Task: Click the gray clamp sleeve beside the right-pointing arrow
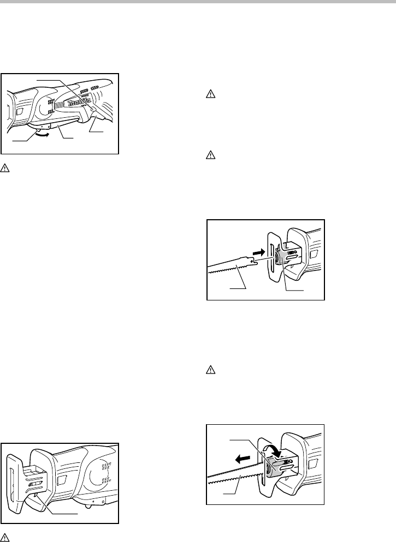(x=282, y=258)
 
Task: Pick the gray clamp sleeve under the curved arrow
(x=275, y=466)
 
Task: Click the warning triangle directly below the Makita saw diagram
(x=4, y=168)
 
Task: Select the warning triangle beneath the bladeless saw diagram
(x=5, y=538)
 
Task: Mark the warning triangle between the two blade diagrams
(x=210, y=370)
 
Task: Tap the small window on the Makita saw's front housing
(x=19, y=111)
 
